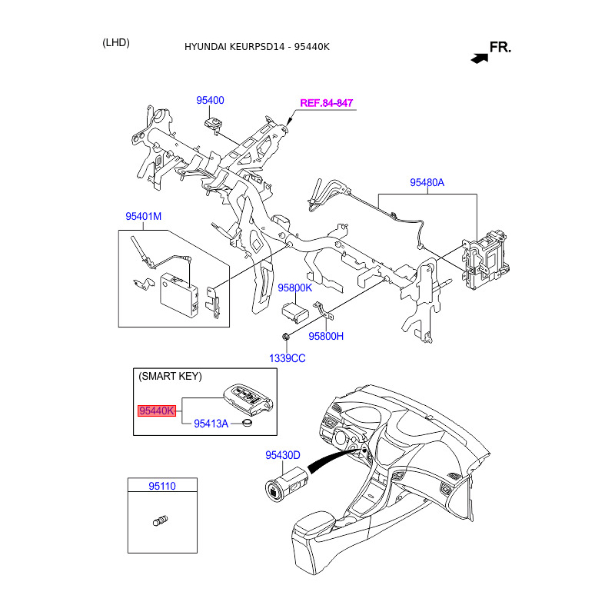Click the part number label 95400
210,101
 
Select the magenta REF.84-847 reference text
327,103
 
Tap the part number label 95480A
427,183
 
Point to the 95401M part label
144,217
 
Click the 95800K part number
295,288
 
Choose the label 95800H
326,337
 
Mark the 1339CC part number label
287,358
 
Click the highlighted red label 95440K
157,411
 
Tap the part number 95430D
283,455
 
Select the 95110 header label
162,486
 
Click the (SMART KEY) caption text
170,377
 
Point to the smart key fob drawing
248,401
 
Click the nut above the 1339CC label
286,336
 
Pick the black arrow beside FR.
480,56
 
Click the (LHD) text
116,43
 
